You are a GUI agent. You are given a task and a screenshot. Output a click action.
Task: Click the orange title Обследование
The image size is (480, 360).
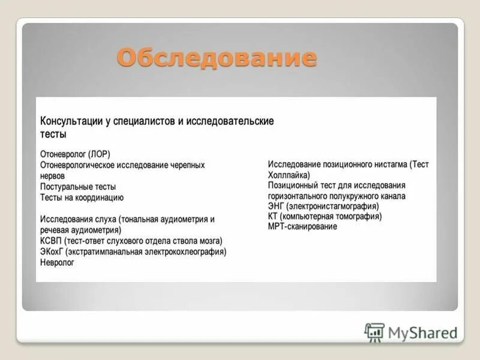click(216, 58)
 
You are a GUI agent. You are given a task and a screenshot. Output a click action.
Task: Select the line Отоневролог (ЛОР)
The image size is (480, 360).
click(75, 154)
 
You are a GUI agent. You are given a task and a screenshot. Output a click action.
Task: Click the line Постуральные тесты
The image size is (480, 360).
click(78, 187)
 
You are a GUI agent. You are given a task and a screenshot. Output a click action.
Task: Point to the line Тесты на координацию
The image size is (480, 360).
click(82, 197)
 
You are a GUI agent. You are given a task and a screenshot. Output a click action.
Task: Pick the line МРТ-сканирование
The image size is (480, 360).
click(302, 227)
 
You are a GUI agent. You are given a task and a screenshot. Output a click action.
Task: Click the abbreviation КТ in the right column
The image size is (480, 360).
click(274, 216)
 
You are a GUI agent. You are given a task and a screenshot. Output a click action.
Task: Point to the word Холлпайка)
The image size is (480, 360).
click(289, 175)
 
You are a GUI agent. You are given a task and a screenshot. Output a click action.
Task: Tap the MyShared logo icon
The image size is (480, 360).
click(374, 332)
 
